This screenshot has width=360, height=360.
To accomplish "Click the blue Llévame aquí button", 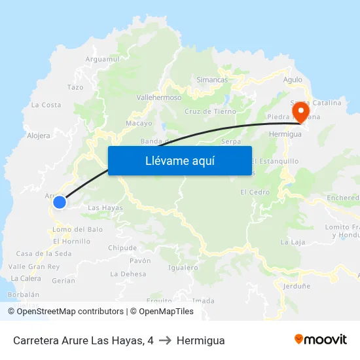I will coord(180,160).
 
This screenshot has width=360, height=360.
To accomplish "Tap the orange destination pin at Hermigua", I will coord(301,111).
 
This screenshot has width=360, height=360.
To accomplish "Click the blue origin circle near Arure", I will coord(60,202).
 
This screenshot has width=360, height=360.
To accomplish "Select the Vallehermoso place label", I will coord(158,98).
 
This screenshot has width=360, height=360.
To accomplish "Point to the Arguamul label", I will coord(103,59).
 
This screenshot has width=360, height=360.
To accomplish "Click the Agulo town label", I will coord(293,80).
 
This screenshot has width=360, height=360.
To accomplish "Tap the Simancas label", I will coord(212,80).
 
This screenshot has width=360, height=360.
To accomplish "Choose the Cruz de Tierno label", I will coord(210,111).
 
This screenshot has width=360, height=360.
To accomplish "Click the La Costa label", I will coord(46,105).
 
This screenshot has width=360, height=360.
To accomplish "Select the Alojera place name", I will coord(39,136).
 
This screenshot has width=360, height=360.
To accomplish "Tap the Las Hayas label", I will coord(105,208).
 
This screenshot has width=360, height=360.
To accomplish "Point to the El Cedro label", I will coord(255,192).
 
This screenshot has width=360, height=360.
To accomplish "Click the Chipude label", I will coord(122,248).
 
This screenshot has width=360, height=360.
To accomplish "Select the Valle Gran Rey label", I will coord(34,267).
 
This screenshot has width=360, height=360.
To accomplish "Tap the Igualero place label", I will coord(183,268).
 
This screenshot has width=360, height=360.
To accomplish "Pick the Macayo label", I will coord(139,123).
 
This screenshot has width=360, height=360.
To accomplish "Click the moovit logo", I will coord(321,340).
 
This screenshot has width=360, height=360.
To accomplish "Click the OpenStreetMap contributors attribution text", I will coord(70,312).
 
